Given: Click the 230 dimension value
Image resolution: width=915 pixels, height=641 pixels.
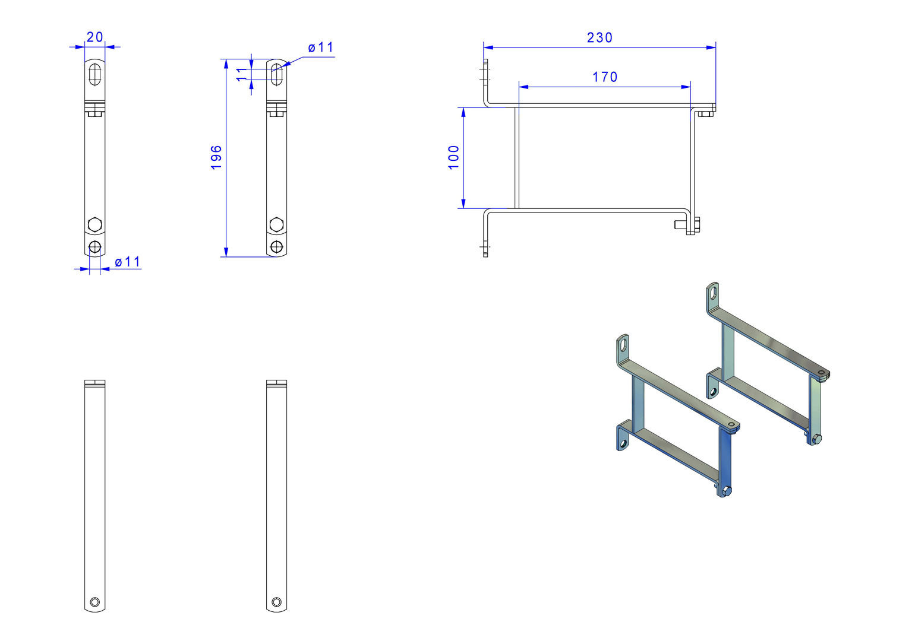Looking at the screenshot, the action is (x=600, y=37).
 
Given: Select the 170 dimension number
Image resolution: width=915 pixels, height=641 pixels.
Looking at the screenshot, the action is (x=605, y=77).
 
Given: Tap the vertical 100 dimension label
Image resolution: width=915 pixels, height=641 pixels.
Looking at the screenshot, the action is (x=453, y=157).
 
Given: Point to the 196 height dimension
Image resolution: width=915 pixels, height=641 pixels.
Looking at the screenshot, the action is (x=216, y=157).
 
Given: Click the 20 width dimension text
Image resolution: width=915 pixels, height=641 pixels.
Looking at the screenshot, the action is (x=95, y=37).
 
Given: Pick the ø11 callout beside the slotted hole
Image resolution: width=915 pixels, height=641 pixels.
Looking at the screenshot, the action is (x=321, y=47).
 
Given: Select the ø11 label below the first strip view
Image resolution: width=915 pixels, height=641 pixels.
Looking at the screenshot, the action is (x=127, y=262).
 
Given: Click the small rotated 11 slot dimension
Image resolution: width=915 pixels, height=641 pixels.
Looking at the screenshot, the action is (x=242, y=75).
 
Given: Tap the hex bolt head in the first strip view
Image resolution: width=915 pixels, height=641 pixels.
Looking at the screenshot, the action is (x=95, y=224).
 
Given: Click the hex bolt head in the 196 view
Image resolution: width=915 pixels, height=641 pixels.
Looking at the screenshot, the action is (x=276, y=224).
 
